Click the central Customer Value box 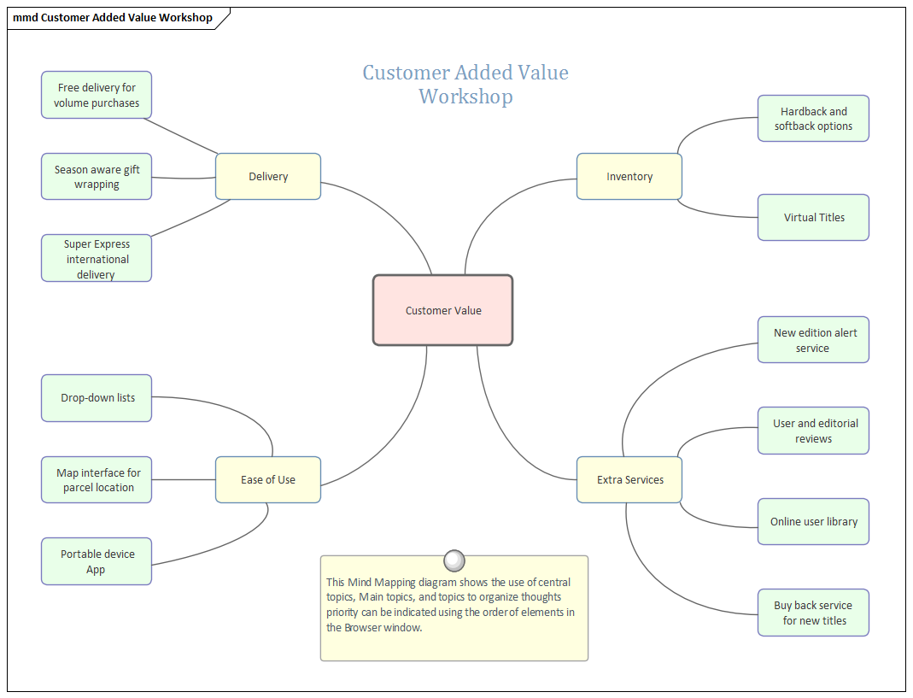442,310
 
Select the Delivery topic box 268,177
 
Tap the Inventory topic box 629,177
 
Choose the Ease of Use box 268,479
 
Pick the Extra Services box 629,479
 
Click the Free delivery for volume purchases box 97,95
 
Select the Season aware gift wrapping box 97,177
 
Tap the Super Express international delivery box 97,258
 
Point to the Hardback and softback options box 813,119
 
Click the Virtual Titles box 813,217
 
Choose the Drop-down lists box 97,398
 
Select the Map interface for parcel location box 97,479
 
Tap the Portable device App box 97,561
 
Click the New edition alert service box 813,340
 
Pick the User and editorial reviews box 813,431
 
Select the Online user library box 813,521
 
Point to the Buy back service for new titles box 813,613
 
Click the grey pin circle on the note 455,560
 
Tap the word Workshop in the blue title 465,97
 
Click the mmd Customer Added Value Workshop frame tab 114,18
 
